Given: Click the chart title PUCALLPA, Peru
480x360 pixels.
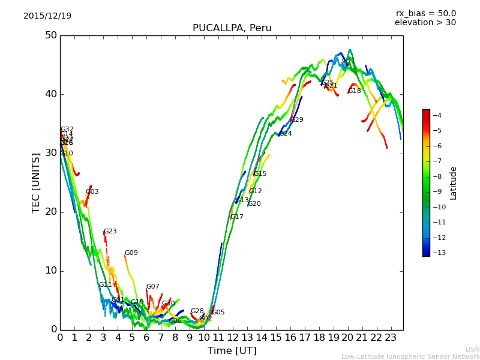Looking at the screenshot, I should tap(232, 28).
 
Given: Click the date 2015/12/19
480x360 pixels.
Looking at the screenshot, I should tap(47, 16).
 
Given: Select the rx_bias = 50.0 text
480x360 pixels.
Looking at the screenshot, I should tap(425, 13).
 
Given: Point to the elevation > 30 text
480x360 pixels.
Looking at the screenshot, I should tap(425, 23).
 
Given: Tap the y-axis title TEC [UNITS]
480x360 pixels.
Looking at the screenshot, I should tap(36, 182).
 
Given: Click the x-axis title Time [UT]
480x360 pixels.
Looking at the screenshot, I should tap(232, 351).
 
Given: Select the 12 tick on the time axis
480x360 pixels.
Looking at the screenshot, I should tap(232, 337).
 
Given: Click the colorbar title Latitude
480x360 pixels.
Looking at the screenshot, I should tap(454, 183).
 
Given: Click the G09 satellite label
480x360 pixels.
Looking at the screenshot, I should tap(131, 253).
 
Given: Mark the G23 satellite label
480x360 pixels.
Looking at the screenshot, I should tap(110, 232).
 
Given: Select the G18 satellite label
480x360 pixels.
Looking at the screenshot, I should tap(354, 91).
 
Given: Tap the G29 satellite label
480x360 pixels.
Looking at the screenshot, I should tap(296, 120).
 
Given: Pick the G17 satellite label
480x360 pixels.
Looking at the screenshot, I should tap(236, 217).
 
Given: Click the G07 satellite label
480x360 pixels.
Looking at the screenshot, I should tap(152, 287).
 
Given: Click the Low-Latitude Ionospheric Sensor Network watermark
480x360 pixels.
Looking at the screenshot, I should tap(410, 356).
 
